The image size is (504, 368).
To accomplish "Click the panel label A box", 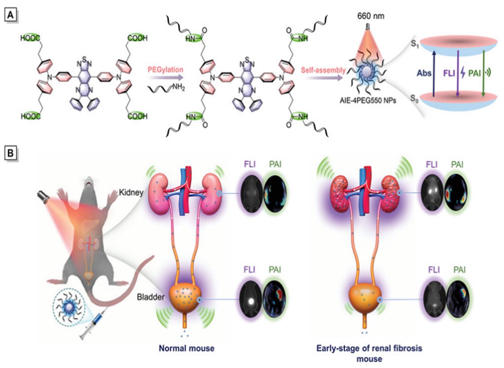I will tap(11, 15).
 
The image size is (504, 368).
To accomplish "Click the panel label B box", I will tap(11, 154).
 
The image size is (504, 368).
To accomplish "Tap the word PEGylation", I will tap(165, 70).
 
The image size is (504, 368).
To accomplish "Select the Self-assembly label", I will tap(323, 70).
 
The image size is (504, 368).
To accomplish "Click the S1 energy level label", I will tap(414, 44).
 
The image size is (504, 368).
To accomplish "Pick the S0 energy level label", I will tap(414, 99).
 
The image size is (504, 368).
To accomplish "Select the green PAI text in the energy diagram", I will tap(474, 72).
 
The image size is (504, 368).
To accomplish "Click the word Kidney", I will tap(131, 192).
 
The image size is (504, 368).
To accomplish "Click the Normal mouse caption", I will tap(186, 348).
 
